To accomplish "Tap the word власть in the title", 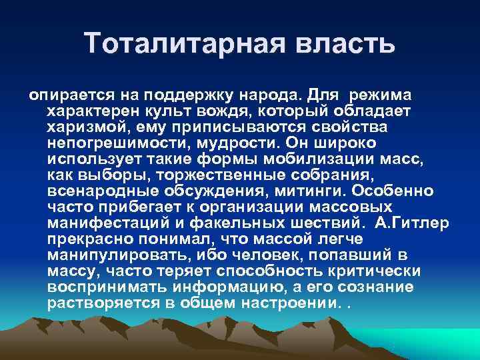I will (342, 44).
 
